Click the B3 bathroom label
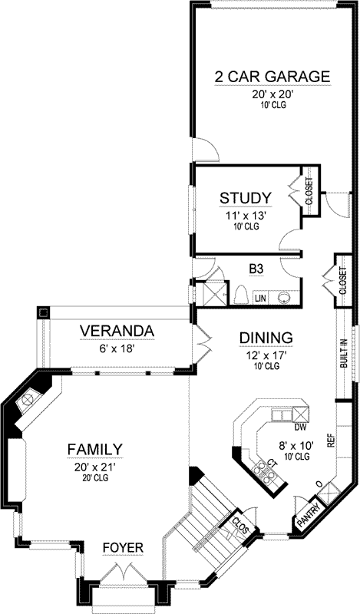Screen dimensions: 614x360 (x=256, y=270)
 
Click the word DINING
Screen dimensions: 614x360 (x=245, y=338)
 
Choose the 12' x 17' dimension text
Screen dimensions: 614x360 (x=245, y=355)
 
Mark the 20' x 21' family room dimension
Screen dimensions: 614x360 (x=95, y=466)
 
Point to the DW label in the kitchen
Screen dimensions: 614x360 (x=300, y=427)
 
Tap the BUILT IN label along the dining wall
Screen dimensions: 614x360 (x=343, y=353)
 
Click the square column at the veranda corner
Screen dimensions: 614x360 (x=43, y=313)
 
